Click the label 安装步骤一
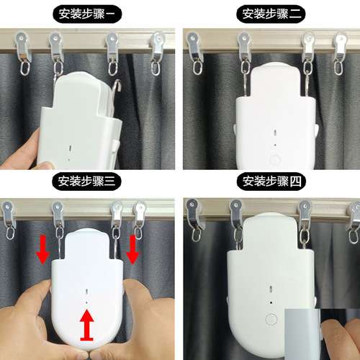pos(87,14)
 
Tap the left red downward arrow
pos(42,248)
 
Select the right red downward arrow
pos(132,248)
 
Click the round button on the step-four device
pos(271,319)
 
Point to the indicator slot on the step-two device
pos(274,132)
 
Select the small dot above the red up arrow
pos(87,303)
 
